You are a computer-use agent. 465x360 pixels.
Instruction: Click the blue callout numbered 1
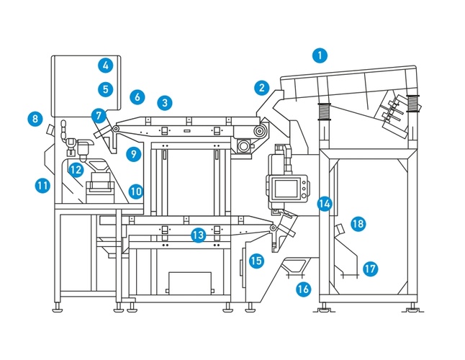320,55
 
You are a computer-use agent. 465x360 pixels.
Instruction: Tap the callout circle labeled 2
262,88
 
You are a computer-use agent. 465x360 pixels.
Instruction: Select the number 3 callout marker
165,103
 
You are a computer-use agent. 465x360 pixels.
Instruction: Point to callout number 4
106,66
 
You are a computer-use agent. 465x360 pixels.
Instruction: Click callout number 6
137,97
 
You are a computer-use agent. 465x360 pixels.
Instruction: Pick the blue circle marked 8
35,119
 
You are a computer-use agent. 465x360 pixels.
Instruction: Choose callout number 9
133,154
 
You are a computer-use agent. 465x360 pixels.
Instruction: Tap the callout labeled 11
42,186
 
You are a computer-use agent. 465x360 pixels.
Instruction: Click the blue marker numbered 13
199,235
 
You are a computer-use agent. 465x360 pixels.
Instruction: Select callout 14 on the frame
325,204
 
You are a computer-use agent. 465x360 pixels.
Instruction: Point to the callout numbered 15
256,261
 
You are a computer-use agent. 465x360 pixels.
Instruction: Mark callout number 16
304,289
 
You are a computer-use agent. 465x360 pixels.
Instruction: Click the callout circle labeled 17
370,269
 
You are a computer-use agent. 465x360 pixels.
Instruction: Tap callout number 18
358,224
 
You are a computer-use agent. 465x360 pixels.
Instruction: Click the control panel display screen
286,189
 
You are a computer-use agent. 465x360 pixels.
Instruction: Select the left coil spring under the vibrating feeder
325,111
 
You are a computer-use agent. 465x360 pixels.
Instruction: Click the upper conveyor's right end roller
260,130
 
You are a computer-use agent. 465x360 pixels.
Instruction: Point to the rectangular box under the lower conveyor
190,283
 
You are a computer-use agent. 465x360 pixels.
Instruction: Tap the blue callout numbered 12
76,170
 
